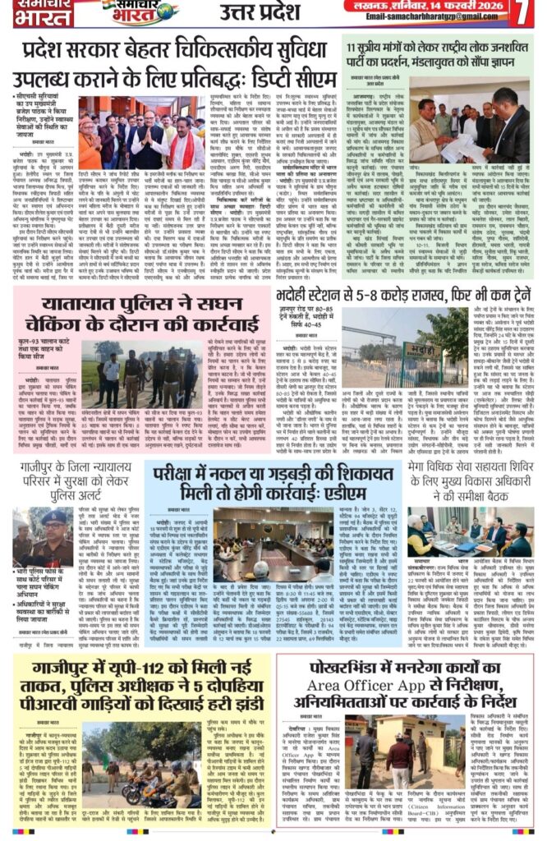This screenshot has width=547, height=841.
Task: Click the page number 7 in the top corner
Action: coord(526,15)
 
